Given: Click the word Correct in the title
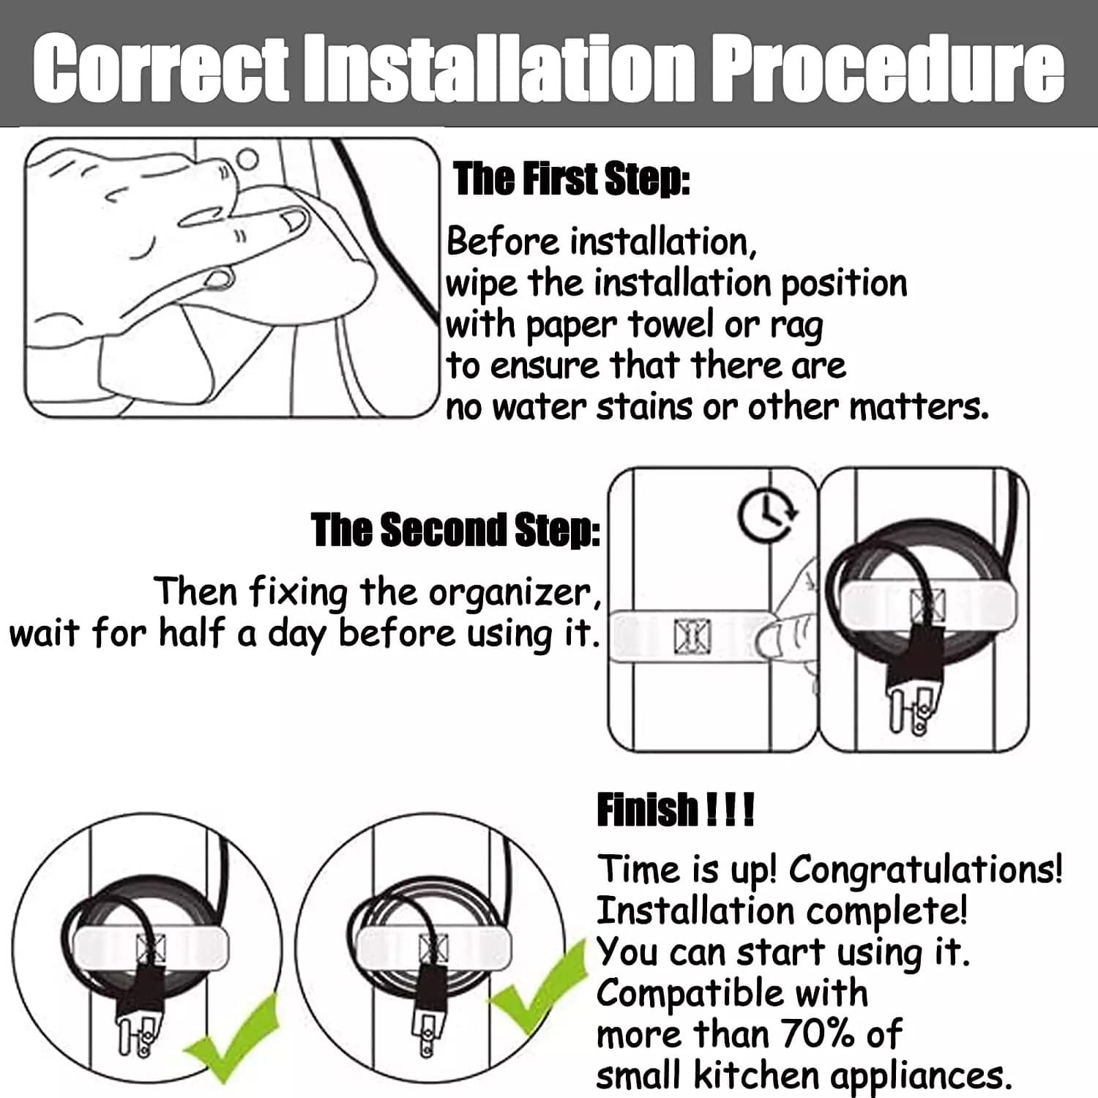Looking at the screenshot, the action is point(160,68).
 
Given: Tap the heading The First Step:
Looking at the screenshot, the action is point(572,179).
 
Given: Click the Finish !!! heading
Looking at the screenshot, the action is point(675,810).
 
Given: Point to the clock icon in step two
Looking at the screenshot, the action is point(767,515).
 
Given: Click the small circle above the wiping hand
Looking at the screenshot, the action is point(248,160).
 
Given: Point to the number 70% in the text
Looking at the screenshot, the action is point(819,1034).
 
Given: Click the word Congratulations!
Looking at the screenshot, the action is point(925,869).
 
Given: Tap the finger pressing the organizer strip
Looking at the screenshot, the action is point(787,630).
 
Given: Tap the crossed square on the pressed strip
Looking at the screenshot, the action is point(692,635).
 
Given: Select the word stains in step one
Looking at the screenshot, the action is point(644,407).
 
